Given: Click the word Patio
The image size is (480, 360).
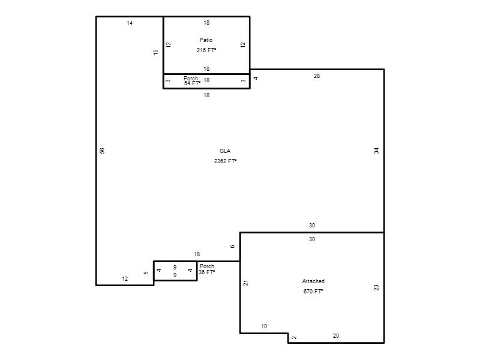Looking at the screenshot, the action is coord(206,40).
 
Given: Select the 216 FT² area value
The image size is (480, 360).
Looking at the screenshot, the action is coord(206,50).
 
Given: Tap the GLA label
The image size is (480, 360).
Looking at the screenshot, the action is coord(225,151).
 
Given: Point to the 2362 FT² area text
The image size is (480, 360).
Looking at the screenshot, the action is coord(226,161).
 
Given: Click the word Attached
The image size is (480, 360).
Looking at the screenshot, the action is coord(313,281).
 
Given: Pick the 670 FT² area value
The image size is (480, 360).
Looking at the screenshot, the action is coord(313,291).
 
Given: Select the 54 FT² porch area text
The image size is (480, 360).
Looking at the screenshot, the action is coord(192,83).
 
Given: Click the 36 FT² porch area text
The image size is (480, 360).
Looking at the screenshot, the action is coord(206,272).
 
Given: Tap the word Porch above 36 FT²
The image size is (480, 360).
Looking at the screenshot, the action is coord(207,266).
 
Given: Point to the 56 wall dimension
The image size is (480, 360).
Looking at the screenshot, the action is coord(102,151).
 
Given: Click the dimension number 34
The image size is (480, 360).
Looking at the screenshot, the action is coord(377,151).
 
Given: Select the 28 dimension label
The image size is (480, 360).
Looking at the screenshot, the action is coord(317,76).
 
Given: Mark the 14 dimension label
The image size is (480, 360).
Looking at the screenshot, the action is coord(130,23).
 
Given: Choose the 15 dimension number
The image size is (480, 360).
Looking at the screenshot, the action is coord(156,52).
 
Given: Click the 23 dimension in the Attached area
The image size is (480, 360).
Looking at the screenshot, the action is coord(377,287).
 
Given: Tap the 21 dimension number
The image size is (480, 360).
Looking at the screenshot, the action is coord(246,283).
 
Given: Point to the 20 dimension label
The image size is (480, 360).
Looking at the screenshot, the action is coord(336,336).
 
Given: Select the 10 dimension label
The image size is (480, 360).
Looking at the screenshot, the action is coord(264,326).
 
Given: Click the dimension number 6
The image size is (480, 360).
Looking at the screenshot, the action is coord(232,247).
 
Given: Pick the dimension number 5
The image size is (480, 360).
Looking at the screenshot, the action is coord(146,273).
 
